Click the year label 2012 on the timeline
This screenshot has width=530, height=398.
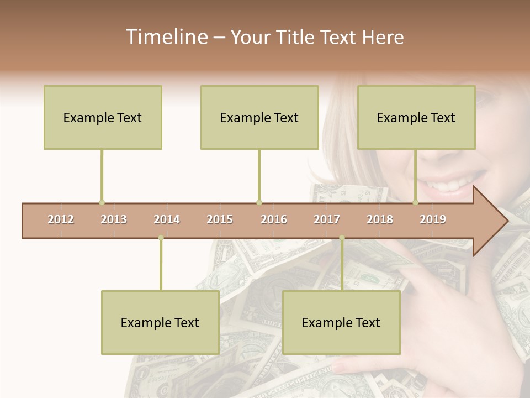(61, 219)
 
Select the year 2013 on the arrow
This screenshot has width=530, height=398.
(114, 219)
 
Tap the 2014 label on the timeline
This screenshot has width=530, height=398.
(167, 219)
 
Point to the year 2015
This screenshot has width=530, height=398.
(220, 219)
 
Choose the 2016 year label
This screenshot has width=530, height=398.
(274, 219)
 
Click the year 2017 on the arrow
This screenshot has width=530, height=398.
(327, 219)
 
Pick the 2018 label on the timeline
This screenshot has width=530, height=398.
(380, 219)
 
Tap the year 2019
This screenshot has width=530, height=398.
(433, 219)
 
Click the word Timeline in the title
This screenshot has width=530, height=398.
(165, 37)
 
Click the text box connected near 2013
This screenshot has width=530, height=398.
(103, 117)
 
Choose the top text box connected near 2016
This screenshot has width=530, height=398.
(259, 117)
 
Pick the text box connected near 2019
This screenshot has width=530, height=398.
(416, 117)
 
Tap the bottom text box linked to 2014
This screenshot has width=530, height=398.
(160, 322)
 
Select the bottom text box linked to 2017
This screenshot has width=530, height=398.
(341, 322)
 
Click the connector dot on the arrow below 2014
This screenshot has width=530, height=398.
(161, 238)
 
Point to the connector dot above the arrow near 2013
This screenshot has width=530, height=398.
(102, 202)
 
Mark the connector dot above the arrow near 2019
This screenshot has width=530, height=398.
(416, 202)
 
